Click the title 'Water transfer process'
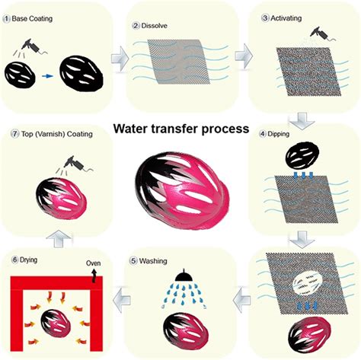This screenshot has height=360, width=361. tap(181, 129)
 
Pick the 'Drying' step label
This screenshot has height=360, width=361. tap(27, 259)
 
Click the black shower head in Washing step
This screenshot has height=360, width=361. tap(182, 276)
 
